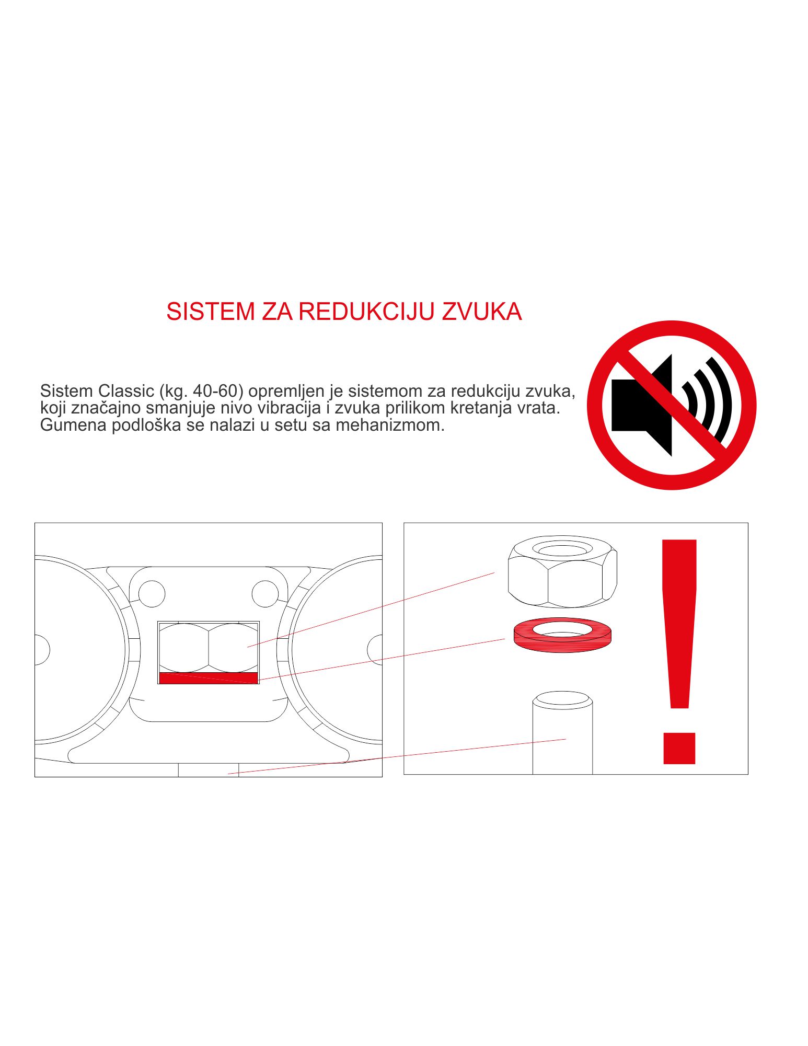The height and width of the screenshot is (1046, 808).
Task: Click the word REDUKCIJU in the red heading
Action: [x=366, y=312]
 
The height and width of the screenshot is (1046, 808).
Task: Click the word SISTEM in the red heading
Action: [x=211, y=312]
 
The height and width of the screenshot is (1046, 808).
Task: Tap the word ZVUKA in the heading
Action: [x=482, y=312]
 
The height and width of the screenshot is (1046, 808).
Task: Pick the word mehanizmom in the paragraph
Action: [x=390, y=425]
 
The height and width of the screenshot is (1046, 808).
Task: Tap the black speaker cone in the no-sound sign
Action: [x=642, y=406]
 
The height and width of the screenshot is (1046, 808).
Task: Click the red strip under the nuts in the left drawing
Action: [x=209, y=678]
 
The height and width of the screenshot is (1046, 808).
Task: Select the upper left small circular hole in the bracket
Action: [x=152, y=594]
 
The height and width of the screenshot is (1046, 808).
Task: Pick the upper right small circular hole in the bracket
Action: [x=265, y=594]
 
